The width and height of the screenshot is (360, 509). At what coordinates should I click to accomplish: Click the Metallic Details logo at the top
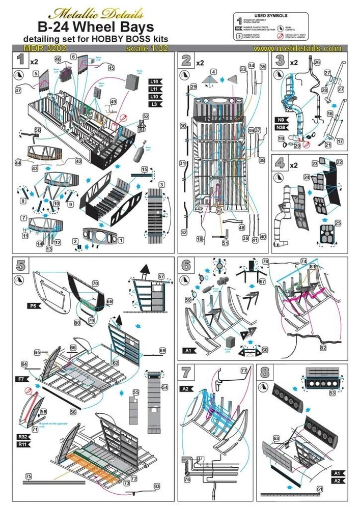(x=94, y=11)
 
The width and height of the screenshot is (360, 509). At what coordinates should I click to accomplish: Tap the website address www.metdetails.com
(x=297, y=48)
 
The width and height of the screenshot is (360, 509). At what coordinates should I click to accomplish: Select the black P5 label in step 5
(x=34, y=306)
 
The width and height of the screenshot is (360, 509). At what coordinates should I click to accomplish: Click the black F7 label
(x=21, y=378)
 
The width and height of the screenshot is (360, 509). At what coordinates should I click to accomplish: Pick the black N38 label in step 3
(x=280, y=128)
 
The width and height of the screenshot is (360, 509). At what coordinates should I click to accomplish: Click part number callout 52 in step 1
(x=146, y=117)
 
